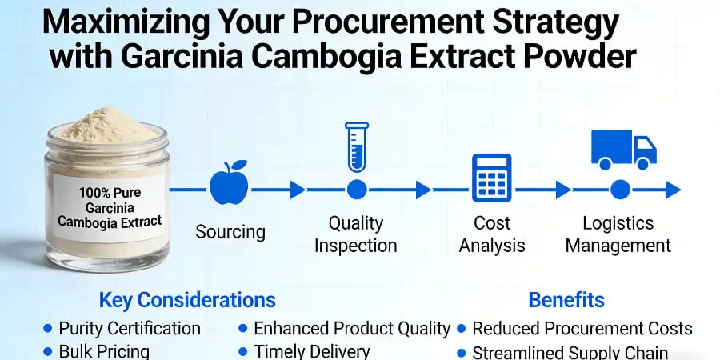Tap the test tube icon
coord(357,146)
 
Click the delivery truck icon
coord(623,150)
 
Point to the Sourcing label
coord(230,232)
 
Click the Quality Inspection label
coord(356,234)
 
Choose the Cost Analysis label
coord(492,234)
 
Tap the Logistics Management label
coord(618,234)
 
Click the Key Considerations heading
coord(187,301)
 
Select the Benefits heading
coord(566,301)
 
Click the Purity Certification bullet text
coord(130,328)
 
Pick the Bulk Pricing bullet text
coord(104,351)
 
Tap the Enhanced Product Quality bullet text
coord(352,328)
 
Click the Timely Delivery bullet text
coord(312,351)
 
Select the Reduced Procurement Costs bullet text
coord(582,328)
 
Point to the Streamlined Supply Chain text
coord(570,352)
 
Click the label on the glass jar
coord(120,207)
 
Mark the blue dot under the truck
coord(621,190)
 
